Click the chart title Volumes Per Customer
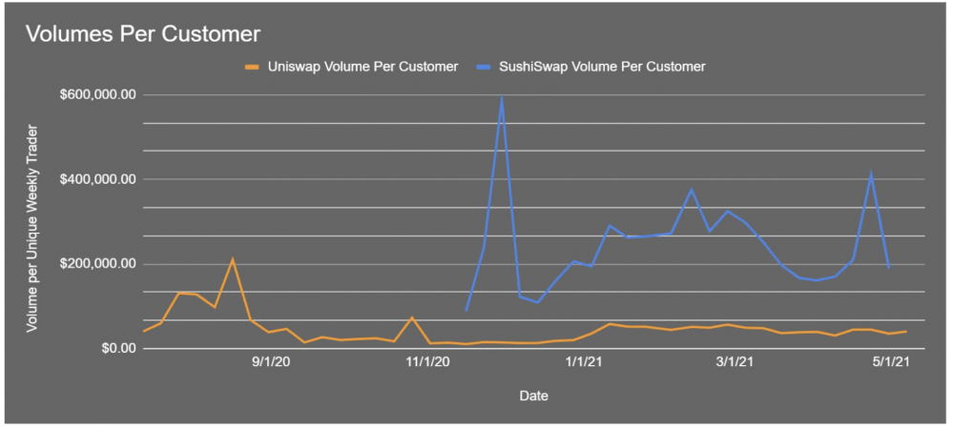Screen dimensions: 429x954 [x=142, y=34]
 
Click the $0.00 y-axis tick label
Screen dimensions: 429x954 [x=113, y=349]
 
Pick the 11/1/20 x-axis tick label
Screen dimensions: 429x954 [x=427, y=362]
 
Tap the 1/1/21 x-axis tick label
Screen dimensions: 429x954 [x=583, y=362]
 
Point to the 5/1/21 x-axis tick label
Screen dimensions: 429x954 [x=889, y=362]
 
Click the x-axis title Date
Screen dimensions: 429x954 [x=533, y=395]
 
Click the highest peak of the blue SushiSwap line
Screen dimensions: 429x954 [x=502, y=96]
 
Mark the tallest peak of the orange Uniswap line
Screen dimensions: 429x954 [x=233, y=259]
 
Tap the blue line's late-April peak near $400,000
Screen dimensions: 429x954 [x=871, y=174]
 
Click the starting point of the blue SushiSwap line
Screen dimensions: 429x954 [x=467, y=310]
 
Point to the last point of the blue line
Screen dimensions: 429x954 [x=889, y=268]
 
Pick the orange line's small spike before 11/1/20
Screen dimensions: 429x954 [x=412, y=317]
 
